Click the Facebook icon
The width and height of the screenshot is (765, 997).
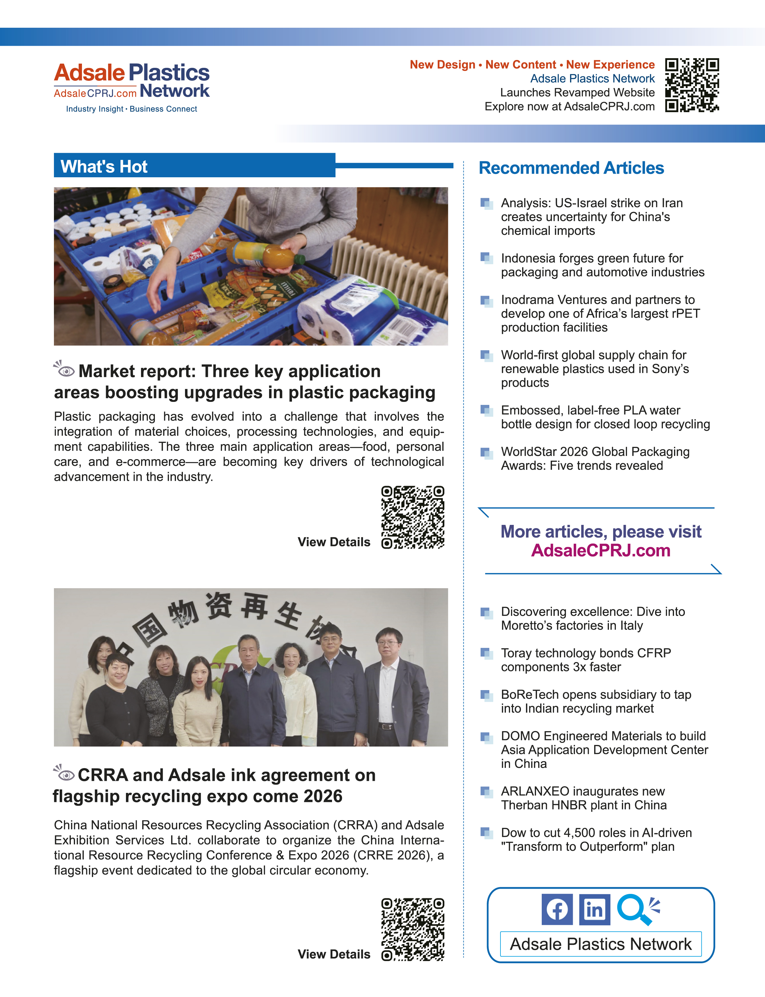click(557, 910)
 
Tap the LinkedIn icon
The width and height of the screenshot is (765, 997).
click(594, 910)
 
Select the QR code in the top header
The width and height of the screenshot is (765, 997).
click(692, 85)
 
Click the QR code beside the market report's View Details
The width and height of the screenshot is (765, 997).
click(412, 517)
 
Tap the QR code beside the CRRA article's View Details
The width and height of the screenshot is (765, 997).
click(412, 929)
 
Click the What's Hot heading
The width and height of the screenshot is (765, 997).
click(104, 167)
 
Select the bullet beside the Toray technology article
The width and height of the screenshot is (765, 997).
click(486, 653)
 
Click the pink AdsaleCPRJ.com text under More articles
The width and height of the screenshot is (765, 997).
click(600, 551)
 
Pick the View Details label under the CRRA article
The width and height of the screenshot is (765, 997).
click(334, 954)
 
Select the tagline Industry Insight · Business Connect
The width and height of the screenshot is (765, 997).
click(132, 109)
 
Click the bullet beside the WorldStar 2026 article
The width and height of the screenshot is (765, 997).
click(486, 453)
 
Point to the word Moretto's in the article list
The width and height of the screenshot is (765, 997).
click(527, 626)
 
